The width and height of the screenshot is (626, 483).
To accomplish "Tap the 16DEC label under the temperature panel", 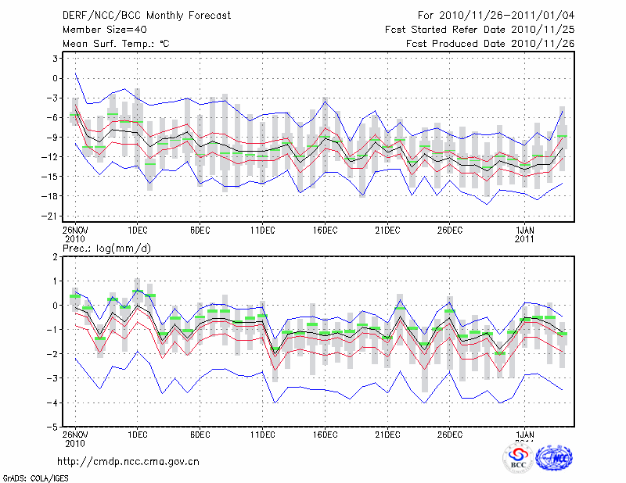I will pos(325,230).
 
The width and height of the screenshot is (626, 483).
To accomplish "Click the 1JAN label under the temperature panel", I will pos(525,230).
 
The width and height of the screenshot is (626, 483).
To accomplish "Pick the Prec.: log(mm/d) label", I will pos(105,248).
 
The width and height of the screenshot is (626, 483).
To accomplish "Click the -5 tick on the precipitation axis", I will pos(54,427).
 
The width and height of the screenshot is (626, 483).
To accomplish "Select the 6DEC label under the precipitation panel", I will pos(200,435).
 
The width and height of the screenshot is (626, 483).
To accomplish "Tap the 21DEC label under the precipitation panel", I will pos(387,435).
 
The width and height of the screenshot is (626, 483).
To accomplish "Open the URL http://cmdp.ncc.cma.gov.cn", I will pos(128,461).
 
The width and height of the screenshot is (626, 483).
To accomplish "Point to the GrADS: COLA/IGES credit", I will pos(33,477).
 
